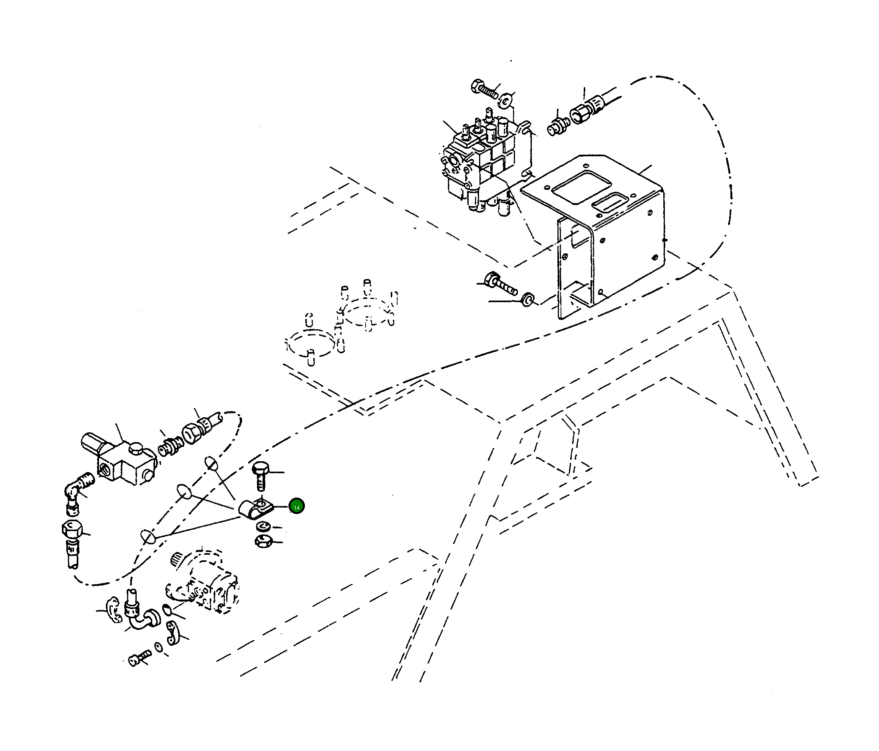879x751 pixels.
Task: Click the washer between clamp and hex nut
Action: point(263,526)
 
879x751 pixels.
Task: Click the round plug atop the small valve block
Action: point(136,448)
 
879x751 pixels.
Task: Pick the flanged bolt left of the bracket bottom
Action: point(501,284)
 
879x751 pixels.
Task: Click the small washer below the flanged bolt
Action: point(528,299)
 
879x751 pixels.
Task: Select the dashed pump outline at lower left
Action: point(204,586)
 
